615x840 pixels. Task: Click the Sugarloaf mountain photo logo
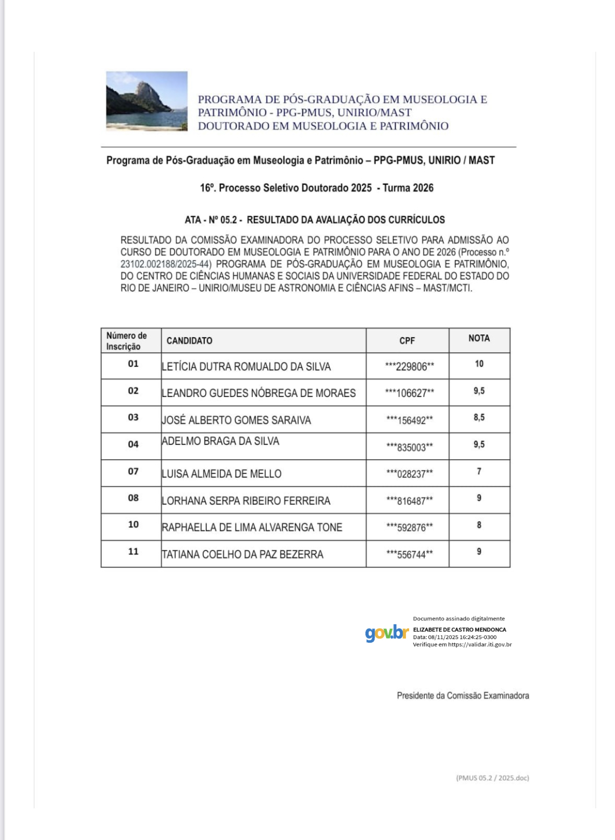pos(147,101)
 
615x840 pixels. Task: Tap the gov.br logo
pos(386,633)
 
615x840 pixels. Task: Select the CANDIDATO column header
pos(189,341)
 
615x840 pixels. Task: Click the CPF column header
pos(407,341)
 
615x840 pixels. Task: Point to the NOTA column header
pos(479,338)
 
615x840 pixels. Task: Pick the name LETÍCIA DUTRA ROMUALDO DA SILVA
pos(246,367)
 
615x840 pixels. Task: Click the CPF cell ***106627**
pos(409,394)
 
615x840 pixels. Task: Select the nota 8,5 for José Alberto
pos(479,417)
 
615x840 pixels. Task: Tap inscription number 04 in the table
pos(133,444)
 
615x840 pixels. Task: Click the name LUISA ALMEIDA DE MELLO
pos(222,474)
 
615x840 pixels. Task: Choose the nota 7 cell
pos(479,471)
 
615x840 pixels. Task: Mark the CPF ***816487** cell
pos(409,501)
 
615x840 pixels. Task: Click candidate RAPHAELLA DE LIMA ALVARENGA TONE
pos(252,528)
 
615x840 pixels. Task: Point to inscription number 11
pos(133,551)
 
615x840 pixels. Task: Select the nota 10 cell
pos(479,364)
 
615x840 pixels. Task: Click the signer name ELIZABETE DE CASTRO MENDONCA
pos(459,629)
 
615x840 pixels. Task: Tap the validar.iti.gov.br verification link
pos(480,645)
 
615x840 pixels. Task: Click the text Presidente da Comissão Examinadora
pos(462,696)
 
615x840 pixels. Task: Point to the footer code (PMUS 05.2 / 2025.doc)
pos(492,778)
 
